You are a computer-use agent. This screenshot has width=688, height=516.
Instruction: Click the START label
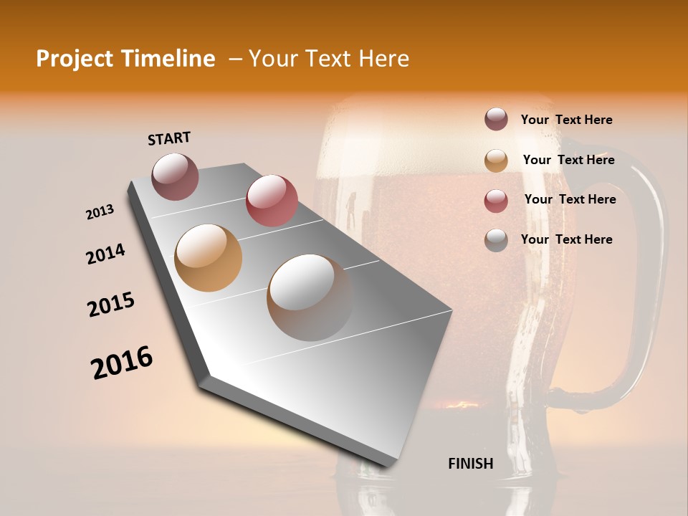[169, 138]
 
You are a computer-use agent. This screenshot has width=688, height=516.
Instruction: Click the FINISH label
[471, 464]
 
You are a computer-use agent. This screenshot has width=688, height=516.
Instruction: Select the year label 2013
[100, 212]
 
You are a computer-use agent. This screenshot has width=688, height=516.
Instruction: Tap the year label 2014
[106, 254]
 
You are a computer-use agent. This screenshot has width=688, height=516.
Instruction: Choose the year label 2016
[122, 363]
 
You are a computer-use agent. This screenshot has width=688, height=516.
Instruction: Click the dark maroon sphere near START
[176, 176]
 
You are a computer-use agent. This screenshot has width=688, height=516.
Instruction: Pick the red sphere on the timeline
[272, 200]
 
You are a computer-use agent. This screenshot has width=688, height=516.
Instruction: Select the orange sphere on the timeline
[209, 257]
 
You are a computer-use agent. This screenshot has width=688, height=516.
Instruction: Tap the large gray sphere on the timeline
[310, 297]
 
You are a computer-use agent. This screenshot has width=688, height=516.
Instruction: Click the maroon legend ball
[496, 120]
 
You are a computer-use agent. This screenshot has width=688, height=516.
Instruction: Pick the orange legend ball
[496, 161]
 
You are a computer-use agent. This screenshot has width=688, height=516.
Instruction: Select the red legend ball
[496, 201]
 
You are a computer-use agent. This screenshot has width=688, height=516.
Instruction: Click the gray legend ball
[496, 241]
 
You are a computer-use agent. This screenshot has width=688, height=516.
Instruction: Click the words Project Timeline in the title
[125, 59]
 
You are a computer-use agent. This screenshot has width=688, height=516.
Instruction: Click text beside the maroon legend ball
[567, 120]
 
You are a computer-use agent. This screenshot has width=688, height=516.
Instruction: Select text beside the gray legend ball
[567, 239]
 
